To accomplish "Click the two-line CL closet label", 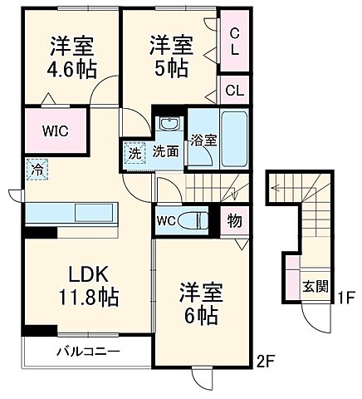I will [235, 41].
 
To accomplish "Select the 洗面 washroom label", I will [165, 152].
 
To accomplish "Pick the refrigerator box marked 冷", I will [37, 167].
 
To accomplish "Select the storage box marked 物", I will [236, 221].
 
